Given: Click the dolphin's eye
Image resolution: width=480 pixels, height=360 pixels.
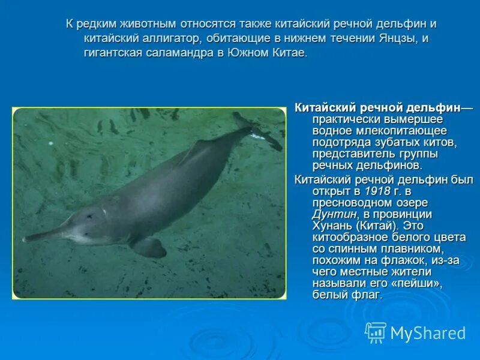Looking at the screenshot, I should (89, 215).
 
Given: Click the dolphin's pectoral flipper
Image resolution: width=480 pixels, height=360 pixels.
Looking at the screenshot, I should (149, 246).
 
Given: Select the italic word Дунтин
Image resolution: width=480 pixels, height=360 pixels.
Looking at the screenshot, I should (334, 214).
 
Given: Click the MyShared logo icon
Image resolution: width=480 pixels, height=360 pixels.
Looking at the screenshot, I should (376, 332).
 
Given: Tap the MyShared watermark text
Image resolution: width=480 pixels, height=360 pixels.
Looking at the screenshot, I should (428, 334).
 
